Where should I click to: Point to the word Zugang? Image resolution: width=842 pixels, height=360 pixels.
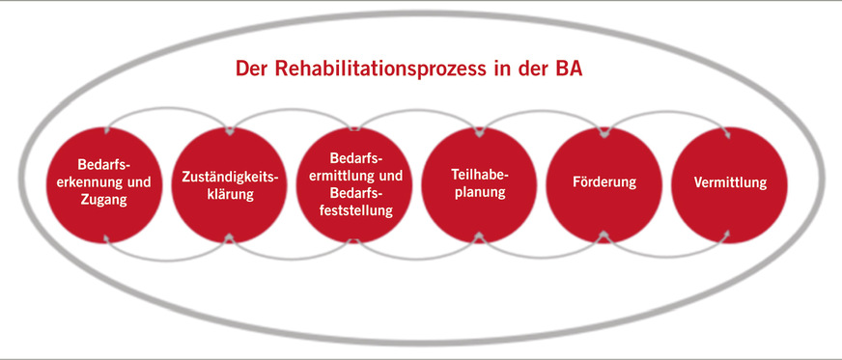pyautogui.click(x=104, y=201)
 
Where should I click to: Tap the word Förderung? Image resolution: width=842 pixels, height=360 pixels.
pyautogui.click(x=604, y=182)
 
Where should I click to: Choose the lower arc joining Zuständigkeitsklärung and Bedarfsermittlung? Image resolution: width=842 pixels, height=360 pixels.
pyautogui.click(x=292, y=255)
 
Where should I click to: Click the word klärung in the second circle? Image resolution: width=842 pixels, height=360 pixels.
pyautogui.click(x=230, y=194)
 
